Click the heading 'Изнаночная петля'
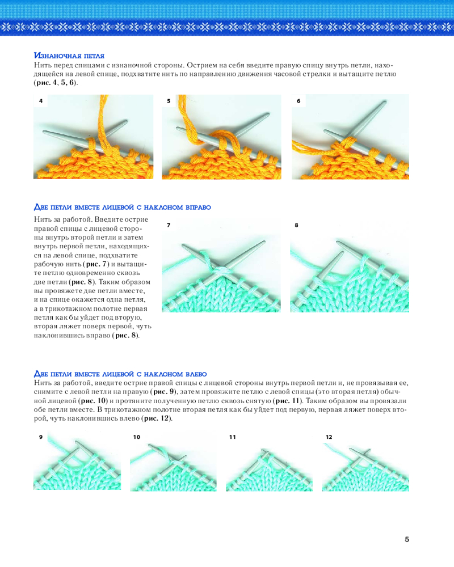(69, 56)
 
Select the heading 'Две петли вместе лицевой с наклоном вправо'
(123, 207)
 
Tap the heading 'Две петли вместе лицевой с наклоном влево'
(120, 374)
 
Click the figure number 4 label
(41, 101)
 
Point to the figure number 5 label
(169, 101)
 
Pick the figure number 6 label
(299, 101)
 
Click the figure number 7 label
(169, 225)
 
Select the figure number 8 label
(296, 225)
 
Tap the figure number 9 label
(41, 437)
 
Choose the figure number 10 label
(137, 437)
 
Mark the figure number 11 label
(233, 437)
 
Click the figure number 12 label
(329, 437)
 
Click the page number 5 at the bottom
(407, 539)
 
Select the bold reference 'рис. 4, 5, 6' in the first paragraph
(56, 82)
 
